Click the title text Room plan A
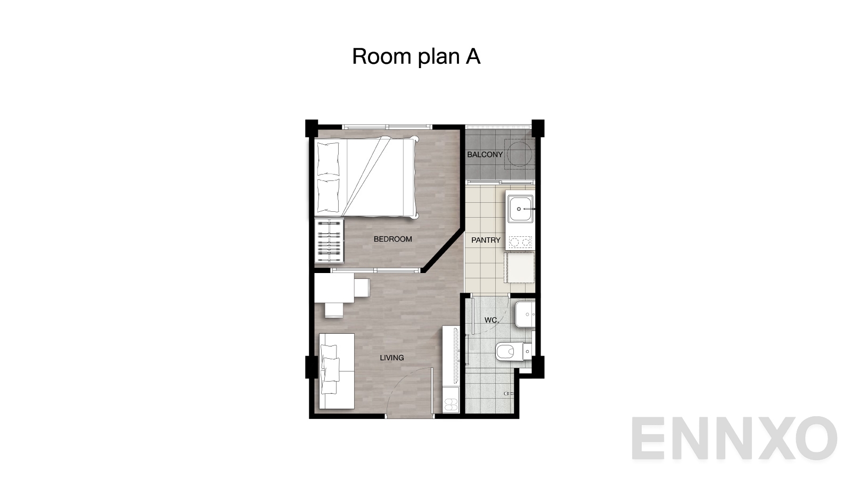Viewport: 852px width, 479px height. pyautogui.click(x=416, y=56)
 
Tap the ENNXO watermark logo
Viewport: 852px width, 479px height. pyautogui.click(x=734, y=439)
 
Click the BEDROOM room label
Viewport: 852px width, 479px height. pyautogui.click(x=392, y=240)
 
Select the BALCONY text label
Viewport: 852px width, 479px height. pyautogui.click(x=485, y=155)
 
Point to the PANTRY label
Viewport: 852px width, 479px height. pyautogui.click(x=486, y=241)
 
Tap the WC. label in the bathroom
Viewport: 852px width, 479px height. pyautogui.click(x=491, y=320)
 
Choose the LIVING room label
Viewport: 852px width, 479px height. pyautogui.click(x=391, y=358)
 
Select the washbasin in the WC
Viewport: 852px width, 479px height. pyautogui.click(x=525, y=315)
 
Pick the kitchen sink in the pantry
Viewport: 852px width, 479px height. pyautogui.click(x=520, y=209)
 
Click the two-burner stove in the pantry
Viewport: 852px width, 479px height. pyautogui.click(x=520, y=243)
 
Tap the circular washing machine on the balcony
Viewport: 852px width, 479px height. pyautogui.click(x=519, y=154)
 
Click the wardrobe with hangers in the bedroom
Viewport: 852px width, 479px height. pyautogui.click(x=329, y=241)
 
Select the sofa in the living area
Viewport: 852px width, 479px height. pyautogui.click(x=337, y=371)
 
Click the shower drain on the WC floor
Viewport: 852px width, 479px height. pyautogui.click(x=507, y=393)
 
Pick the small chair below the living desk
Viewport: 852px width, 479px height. pyautogui.click(x=334, y=310)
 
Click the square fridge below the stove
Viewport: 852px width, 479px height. pyautogui.click(x=520, y=269)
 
